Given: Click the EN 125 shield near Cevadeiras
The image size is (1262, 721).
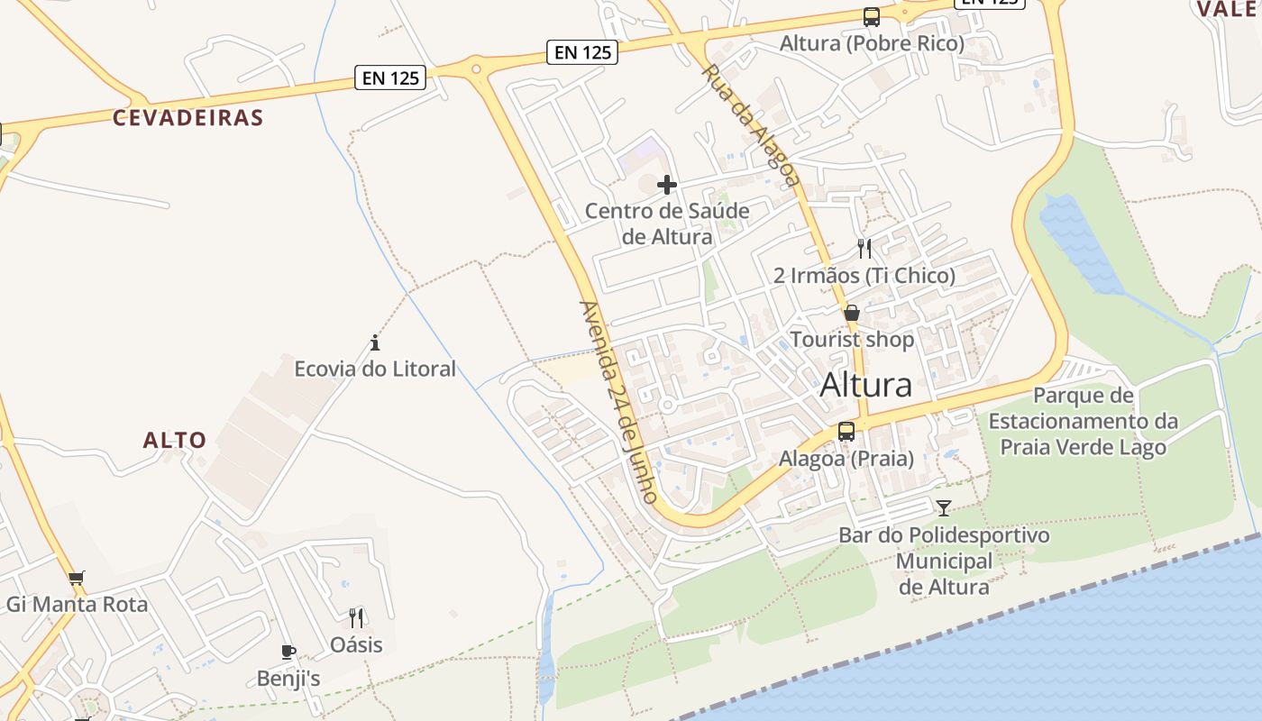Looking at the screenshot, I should click(x=391, y=78).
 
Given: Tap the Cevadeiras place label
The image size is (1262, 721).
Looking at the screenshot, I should click(x=187, y=117).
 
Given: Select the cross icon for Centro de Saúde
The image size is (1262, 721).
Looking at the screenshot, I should click(x=667, y=185).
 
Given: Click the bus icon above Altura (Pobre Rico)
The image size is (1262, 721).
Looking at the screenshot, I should click(x=871, y=17).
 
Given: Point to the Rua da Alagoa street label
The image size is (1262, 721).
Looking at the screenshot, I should click(x=751, y=124).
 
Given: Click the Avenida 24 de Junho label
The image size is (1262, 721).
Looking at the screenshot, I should click(x=619, y=401).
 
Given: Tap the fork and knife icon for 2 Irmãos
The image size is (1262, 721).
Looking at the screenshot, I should click(x=864, y=248).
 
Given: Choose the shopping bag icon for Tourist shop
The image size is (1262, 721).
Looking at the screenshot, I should click(x=852, y=314).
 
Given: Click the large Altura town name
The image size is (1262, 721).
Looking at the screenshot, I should click(x=865, y=385).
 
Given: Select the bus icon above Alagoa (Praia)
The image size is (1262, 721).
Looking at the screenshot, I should click(x=846, y=432).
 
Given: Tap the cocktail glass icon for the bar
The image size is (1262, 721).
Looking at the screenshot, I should click(x=943, y=508).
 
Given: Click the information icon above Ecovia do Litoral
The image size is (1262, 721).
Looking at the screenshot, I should click(x=375, y=343).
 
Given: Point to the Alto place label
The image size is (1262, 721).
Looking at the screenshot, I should click(x=175, y=441).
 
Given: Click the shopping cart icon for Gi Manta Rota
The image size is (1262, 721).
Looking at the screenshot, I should click(x=77, y=577).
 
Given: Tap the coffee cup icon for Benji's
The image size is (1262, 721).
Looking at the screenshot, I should click(x=288, y=652).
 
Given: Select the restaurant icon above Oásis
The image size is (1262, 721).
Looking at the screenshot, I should click(x=356, y=618).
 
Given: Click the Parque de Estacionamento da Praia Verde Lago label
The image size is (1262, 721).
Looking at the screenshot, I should click(x=1083, y=421).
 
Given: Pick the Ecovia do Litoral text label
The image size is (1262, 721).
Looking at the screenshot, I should click(x=375, y=369).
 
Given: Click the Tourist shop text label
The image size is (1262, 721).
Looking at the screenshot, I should click(x=852, y=340).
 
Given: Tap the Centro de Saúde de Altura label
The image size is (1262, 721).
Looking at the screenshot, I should click(x=667, y=224).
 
